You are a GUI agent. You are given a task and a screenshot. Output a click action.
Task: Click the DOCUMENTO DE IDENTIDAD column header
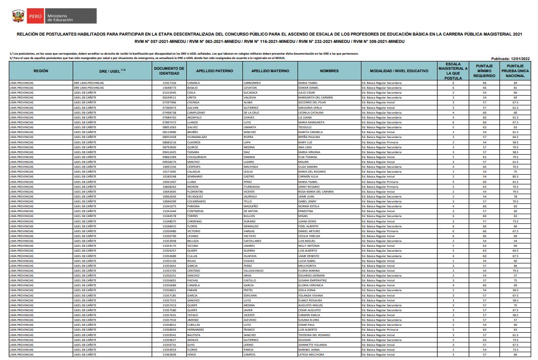point(169,71)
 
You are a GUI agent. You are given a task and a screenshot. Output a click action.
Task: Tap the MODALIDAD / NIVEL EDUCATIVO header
point(399,71)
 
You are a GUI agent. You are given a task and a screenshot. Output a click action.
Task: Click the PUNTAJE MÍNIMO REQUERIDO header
point(484,71)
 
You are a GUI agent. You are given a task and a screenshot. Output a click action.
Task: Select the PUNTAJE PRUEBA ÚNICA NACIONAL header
point(518,71)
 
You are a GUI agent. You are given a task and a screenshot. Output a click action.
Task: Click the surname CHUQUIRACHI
point(199,157)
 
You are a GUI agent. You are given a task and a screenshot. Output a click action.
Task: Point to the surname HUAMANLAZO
point(198,137)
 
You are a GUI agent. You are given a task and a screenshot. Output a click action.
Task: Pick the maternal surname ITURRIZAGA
point(255,187)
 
